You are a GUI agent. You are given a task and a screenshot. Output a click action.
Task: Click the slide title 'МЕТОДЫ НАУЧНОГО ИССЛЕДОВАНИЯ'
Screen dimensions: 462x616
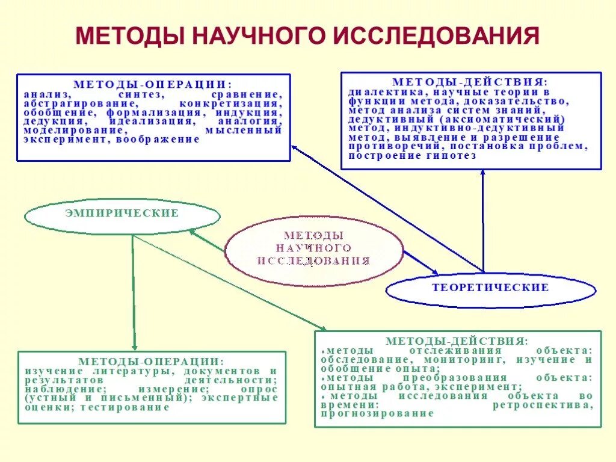pos(307,35)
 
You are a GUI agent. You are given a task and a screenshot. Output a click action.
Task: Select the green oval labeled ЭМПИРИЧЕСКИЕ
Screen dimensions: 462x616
pos(122,214)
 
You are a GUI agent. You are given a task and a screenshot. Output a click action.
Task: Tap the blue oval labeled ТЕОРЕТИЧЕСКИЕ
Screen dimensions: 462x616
pos(490,288)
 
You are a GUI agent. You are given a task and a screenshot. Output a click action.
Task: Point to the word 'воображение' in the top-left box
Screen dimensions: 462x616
pos(162,140)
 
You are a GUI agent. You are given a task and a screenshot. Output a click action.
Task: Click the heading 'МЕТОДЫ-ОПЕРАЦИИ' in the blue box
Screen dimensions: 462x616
pos(153,85)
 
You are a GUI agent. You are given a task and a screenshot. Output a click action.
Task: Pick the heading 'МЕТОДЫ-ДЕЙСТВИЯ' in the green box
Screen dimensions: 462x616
pos(457,341)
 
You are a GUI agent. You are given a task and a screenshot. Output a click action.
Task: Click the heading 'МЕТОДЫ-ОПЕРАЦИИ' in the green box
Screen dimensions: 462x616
pos(151,362)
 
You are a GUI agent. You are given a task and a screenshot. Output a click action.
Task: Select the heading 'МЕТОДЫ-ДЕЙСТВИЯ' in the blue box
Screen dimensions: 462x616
pos(470,82)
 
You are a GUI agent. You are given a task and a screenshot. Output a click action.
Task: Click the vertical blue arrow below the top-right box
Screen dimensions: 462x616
pos(482,220)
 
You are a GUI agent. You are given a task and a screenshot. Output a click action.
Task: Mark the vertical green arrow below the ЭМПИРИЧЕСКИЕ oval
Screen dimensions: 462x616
pos(134,292)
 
